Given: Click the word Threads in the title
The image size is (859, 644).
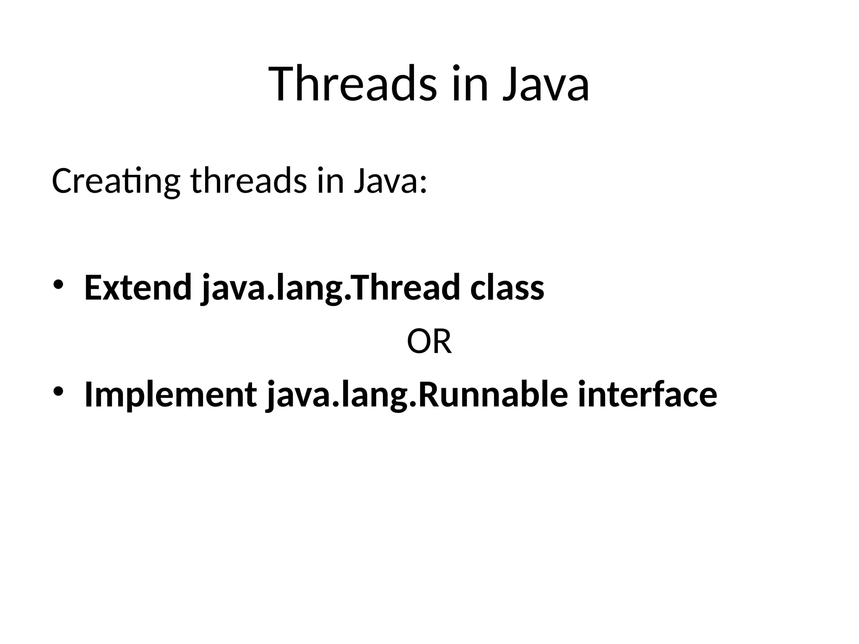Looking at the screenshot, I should tap(353, 84).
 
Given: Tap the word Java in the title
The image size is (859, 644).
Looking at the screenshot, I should tap(546, 84).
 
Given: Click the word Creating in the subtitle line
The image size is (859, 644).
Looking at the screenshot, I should tap(116, 181).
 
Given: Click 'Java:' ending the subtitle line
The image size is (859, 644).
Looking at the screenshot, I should tap(390, 181).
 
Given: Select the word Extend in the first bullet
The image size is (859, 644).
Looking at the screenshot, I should tap(138, 288).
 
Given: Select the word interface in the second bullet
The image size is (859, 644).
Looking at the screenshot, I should tap(647, 394).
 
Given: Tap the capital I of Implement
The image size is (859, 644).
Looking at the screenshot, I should tap(89, 394).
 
